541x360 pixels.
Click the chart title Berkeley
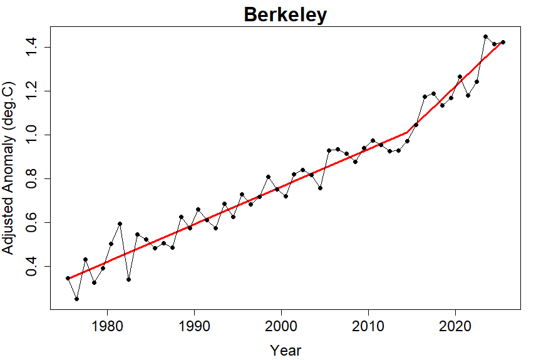click(x=285, y=15)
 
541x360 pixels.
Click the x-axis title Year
click(x=286, y=351)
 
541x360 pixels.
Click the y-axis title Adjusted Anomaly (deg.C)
click(x=8, y=168)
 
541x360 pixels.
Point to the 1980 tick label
click(x=107, y=326)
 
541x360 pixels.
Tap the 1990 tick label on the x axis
click(x=194, y=326)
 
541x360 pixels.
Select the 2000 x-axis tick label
click(x=281, y=326)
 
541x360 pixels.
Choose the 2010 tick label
click(x=368, y=326)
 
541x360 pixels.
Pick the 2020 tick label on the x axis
click(x=455, y=326)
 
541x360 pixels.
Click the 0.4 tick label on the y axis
click(x=31, y=267)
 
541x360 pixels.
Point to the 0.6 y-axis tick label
click(x=31, y=223)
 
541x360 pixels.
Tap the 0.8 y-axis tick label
click(x=31, y=179)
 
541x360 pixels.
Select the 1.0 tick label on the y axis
click(x=31, y=135)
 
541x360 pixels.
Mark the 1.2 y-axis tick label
click(x=31, y=91)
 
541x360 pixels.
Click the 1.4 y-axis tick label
click(x=31, y=47)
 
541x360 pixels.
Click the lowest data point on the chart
click(x=76, y=299)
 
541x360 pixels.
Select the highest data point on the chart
click(x=485, y=36)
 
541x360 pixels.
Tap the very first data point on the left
click(x=68, y=278)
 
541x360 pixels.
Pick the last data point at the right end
click(x=503, y=43)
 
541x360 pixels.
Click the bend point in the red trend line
click(x=407, y=132)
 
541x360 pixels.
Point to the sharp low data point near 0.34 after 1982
click(x=129, y=280)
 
